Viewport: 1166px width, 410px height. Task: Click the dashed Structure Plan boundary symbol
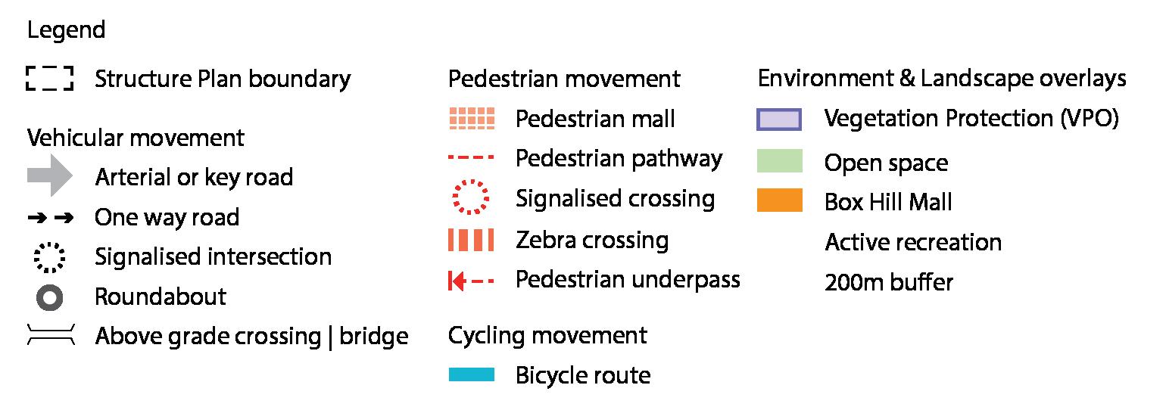[49, 79]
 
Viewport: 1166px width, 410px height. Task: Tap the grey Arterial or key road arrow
[49, 177]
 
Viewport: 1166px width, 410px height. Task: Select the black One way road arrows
[50, 218]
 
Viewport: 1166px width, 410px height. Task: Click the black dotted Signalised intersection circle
[50, 257]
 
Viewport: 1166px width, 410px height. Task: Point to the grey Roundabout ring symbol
[50, 297]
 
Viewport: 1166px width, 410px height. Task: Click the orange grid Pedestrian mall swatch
[472, 119]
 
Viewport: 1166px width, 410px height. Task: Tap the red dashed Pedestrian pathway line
[471, 159]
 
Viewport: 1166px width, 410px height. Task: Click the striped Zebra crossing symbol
[471, 241]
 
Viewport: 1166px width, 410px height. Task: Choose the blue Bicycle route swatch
[471, 375]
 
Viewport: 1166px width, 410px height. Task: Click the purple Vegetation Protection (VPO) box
[779, 120]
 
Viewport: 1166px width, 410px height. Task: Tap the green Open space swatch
[779, 161]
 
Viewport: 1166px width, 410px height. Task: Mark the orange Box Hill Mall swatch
[779, 201]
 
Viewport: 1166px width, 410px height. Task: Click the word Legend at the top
[66, 31]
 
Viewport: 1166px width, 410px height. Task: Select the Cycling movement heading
[547, 336]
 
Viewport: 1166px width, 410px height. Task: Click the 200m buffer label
[888, 283]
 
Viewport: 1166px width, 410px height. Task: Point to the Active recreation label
[913, 243]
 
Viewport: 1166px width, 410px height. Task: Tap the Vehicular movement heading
[136, 138]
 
